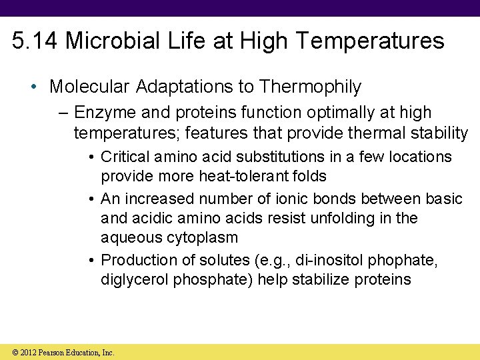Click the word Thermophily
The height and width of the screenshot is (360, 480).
(x=311, y=87)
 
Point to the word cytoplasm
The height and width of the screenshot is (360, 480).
(x=203, y=237)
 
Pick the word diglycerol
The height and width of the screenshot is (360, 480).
(x=134, y=279)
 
